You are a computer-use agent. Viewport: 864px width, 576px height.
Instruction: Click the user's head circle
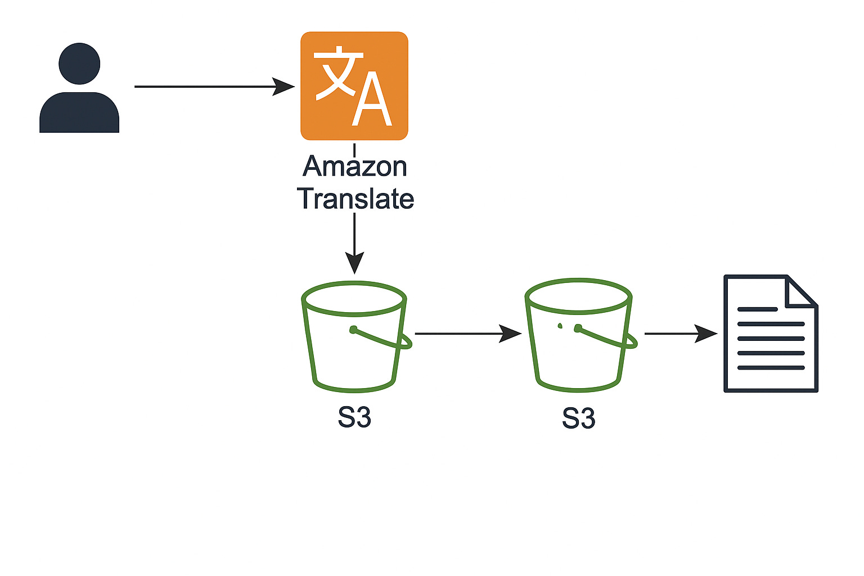(79, 64)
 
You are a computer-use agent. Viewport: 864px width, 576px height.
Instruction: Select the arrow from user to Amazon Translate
(208, 87)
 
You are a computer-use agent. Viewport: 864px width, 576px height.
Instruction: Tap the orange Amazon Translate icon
(354, 85)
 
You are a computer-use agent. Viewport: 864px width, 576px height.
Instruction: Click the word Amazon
(354, 166)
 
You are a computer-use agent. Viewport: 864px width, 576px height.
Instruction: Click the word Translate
(355, 199)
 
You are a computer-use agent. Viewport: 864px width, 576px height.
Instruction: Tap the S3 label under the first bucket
(354, 418)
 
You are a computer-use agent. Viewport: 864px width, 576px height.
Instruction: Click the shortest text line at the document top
(757, 309)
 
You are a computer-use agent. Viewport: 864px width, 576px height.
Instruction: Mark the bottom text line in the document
(771, 368)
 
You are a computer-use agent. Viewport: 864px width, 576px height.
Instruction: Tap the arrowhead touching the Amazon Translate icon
(284, 87)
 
